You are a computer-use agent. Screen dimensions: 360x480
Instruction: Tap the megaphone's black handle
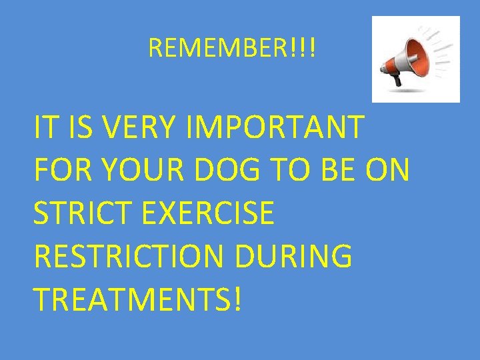pos(396,78)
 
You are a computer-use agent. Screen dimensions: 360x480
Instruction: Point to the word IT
pos(45,128)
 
